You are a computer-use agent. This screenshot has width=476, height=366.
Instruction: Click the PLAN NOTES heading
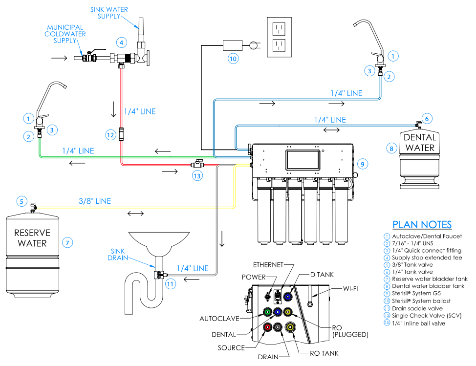(422, 225)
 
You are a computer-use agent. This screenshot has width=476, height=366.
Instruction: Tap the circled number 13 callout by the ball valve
(197, 176)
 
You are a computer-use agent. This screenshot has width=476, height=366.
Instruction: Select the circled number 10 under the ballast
(233, 59)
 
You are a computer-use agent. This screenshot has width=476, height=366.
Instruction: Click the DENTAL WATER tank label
(419, 143)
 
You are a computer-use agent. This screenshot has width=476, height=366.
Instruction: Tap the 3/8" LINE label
(95, 201)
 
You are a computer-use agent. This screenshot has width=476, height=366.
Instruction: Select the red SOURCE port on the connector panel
(267, 327)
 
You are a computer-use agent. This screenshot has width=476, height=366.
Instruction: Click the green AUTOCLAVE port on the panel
(267, 311)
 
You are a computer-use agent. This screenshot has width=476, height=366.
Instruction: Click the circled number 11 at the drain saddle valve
(170, 283)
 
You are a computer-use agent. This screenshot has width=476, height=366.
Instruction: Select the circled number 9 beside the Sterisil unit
(361, 163)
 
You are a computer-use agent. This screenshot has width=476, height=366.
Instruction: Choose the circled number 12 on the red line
(110, 134)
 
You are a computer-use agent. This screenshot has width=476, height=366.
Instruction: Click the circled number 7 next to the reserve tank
(68, 241)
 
